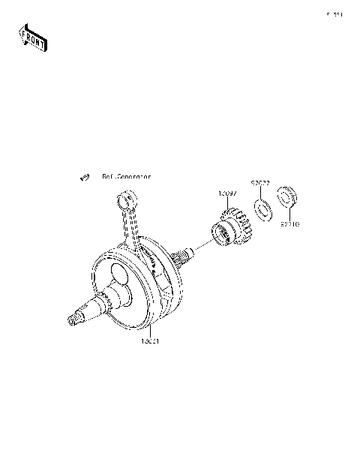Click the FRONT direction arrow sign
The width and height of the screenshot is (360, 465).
tap(33, 37)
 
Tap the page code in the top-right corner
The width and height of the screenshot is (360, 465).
tap(334, 14)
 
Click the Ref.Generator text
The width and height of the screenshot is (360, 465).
tap(126, 177)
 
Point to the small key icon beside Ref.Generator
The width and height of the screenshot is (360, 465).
tap(85, 177)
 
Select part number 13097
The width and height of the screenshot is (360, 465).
tap(228, 194)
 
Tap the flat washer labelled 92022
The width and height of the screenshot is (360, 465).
tap(264, 209)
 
